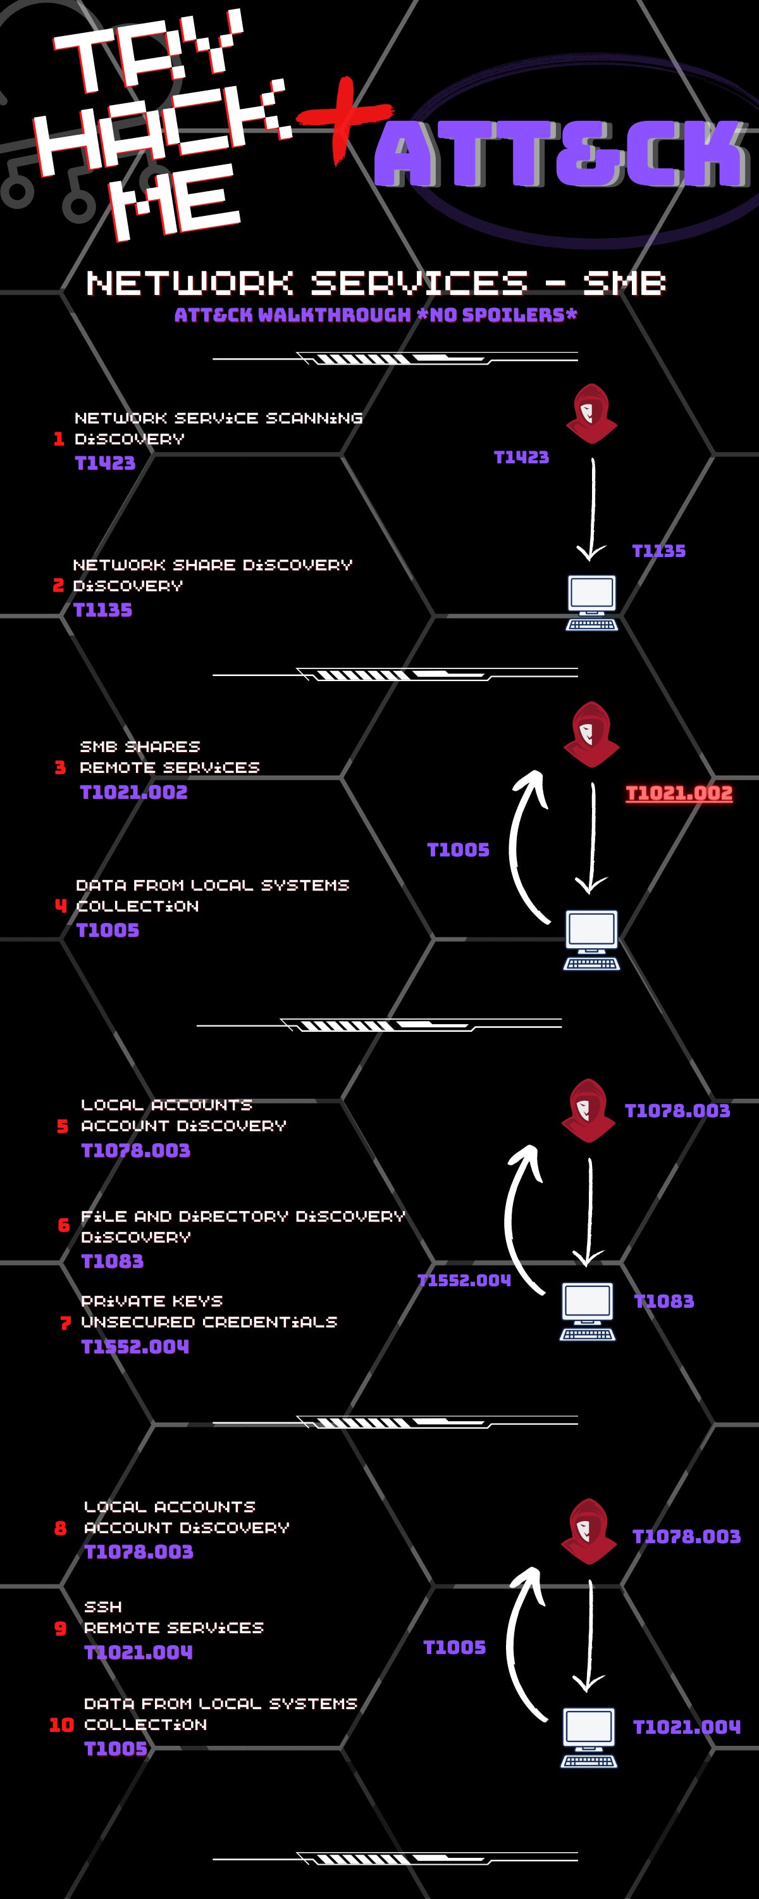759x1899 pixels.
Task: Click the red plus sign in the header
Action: (343, 118)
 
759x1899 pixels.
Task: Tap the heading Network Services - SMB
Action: (376, 283)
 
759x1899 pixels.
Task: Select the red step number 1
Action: (59, 439)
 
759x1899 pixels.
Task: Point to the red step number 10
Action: (62, 1725)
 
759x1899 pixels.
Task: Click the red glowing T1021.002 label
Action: (679, 793)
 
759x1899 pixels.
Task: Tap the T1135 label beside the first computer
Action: (659, 551)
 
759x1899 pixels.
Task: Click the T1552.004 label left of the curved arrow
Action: (464, 1281)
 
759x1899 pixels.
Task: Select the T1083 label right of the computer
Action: (664, 1301)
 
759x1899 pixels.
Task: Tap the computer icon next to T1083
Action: (588, 1311)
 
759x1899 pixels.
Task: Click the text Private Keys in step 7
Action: (152, 1301)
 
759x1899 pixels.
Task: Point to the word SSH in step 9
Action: (103, 1607)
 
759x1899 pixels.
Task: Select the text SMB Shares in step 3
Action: (140, 747)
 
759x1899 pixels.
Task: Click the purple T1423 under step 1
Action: (106, 463)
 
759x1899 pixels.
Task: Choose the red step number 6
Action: (64, 1225)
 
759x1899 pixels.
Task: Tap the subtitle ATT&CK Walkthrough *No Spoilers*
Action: (376, 315)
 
